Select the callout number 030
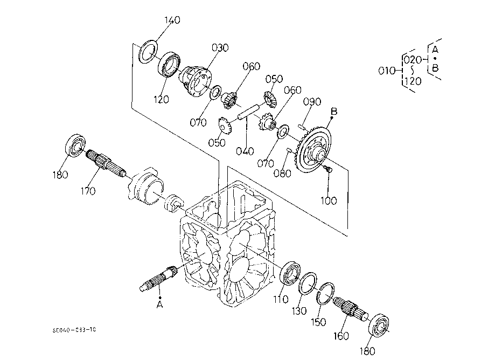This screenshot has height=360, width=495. pos(220,47)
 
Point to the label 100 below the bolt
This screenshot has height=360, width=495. pos(328,200)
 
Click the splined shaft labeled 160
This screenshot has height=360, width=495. pos(349,311)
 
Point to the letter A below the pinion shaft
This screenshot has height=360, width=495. pos(159,305)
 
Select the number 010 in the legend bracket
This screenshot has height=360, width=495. pos(387,70)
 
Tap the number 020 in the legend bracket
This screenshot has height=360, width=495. pos(412,59)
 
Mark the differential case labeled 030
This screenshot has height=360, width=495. pos(197,80)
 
